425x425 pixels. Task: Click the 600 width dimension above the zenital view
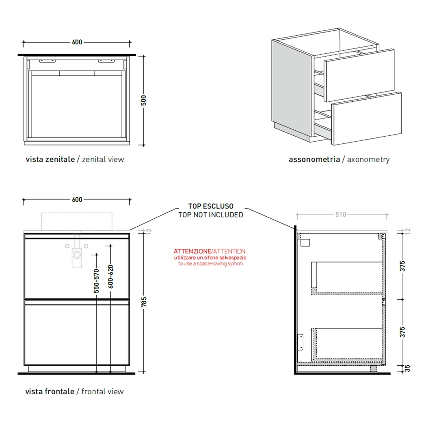click(77, 42)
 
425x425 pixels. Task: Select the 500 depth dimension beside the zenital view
click(144, 100)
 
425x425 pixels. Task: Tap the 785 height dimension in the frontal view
click(144, 301)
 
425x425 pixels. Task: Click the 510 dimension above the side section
click(340, 215)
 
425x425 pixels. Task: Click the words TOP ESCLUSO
click(210, 206)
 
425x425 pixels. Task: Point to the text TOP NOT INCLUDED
click(210, 215)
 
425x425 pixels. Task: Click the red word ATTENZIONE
click(192, 251)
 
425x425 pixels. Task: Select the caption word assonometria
click(314, 160)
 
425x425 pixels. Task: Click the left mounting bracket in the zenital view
click(48, 61)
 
